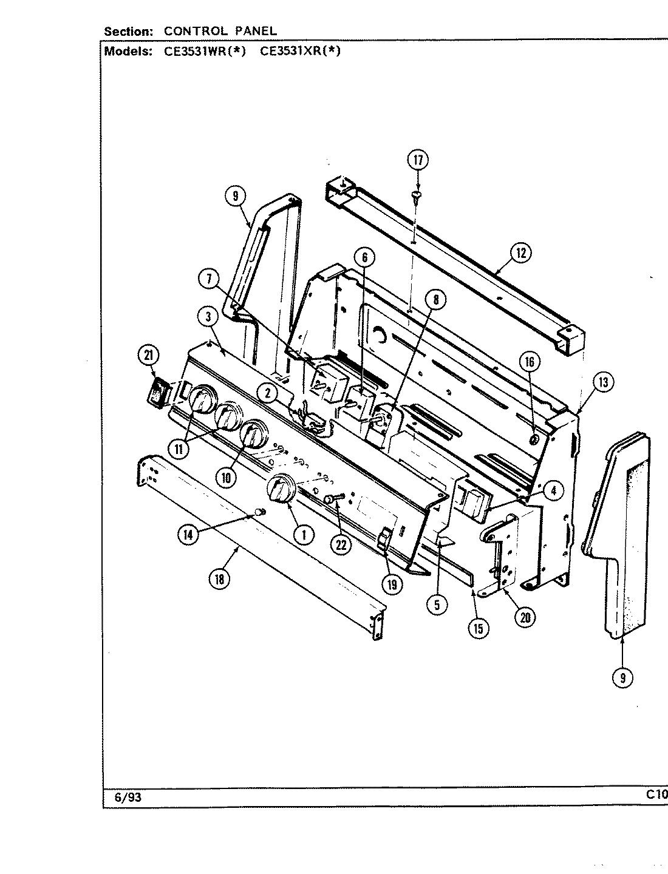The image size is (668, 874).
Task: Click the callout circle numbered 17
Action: (417, 160)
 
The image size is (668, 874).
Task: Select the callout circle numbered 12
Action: (520, 252)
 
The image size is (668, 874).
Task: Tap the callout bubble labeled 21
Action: (146, 357)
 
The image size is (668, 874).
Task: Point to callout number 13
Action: (602, 382)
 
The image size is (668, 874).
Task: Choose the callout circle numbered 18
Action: (218, 579)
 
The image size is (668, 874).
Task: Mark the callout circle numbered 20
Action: (525, 617)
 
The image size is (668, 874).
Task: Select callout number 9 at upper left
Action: (234, 196)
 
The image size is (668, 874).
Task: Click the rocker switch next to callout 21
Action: (159, 391)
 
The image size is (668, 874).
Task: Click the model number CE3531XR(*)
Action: (300, 52)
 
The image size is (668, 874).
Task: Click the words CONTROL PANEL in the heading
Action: (221, 30)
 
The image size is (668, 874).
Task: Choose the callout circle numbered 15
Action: (479, 628)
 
